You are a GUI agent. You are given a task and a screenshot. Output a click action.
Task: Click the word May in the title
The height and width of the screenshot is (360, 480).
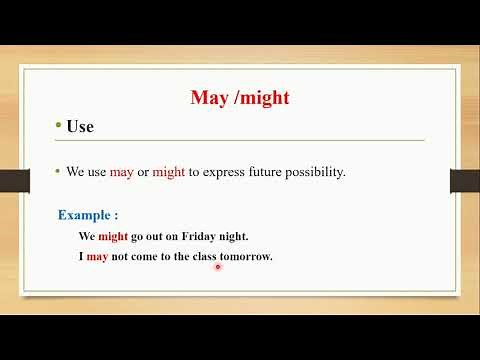coord(208,98)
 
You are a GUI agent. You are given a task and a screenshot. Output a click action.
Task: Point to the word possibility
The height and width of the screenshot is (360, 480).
coord(311,172)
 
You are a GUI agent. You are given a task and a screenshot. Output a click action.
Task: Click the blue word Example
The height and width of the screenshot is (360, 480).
coord(85,215)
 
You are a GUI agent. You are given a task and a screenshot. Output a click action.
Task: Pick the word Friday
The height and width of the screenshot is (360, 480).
coord(197,237)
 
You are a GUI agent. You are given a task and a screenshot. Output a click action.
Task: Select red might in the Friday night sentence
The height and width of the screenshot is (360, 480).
coord(114,237)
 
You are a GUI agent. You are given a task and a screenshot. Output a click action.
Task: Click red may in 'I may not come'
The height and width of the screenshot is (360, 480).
coord(96,257)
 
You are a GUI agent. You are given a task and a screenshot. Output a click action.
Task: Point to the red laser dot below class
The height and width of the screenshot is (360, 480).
coord(217,267)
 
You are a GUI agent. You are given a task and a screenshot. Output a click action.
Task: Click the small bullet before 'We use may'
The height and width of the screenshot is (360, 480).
coord(58,172)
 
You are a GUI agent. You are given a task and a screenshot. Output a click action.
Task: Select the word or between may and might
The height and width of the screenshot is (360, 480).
coord(143,172)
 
